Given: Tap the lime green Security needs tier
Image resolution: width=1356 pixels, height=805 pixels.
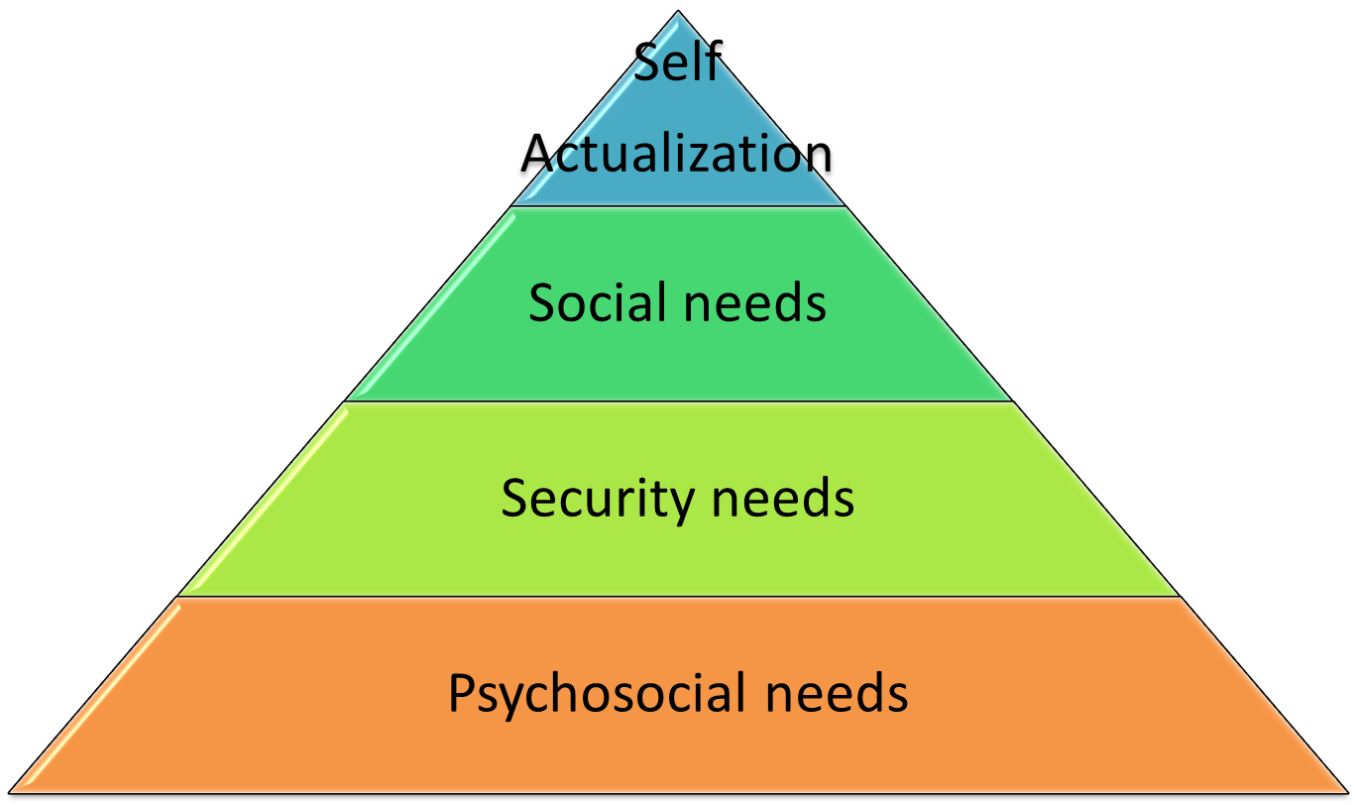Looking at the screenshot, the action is pyautogui.click(x=678, y=555).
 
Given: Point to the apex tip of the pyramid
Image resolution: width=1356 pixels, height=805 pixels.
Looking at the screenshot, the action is pyautogui.click(x=679, y=13).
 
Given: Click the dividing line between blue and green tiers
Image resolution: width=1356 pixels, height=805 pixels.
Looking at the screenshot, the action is pyautogui.click(x=678, y=206).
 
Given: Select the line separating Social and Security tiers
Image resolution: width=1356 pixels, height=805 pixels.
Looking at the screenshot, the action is pyautogui.click(x=678, y=402).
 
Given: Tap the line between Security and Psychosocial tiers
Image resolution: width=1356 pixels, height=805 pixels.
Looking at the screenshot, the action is pyautogui.click(x=678, y=597).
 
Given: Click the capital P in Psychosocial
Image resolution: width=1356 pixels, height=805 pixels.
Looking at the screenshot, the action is pyautogui.click(x=461, y=692).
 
